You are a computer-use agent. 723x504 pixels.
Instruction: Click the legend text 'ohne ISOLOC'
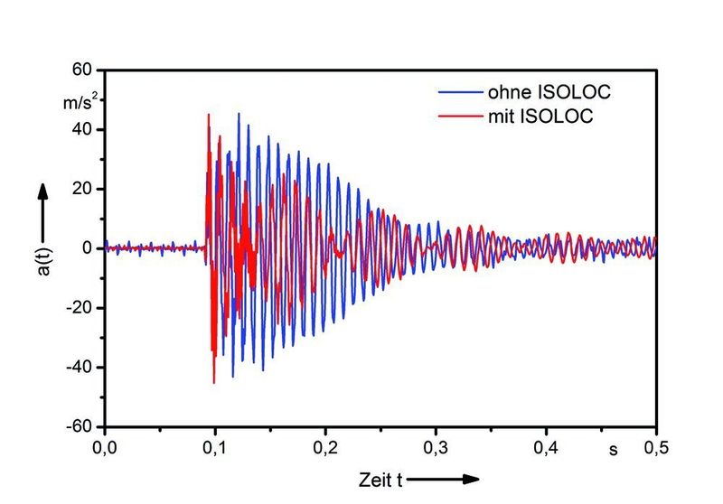[541, 91]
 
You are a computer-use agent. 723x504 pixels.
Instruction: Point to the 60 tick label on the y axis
[84, 70]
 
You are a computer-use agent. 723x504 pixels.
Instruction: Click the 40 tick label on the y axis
[84, 129]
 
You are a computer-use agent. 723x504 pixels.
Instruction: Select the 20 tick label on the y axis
[84, 189]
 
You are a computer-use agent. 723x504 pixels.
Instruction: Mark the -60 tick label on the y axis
[81, 426]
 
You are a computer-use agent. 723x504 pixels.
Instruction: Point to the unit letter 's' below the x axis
[612, 448]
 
